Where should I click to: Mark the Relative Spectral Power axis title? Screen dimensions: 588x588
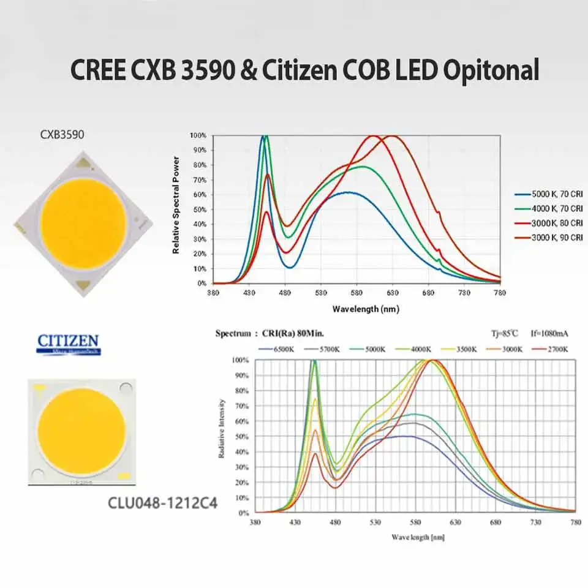coord(176,205)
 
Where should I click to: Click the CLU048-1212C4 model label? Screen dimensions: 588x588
coord(163,505)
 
